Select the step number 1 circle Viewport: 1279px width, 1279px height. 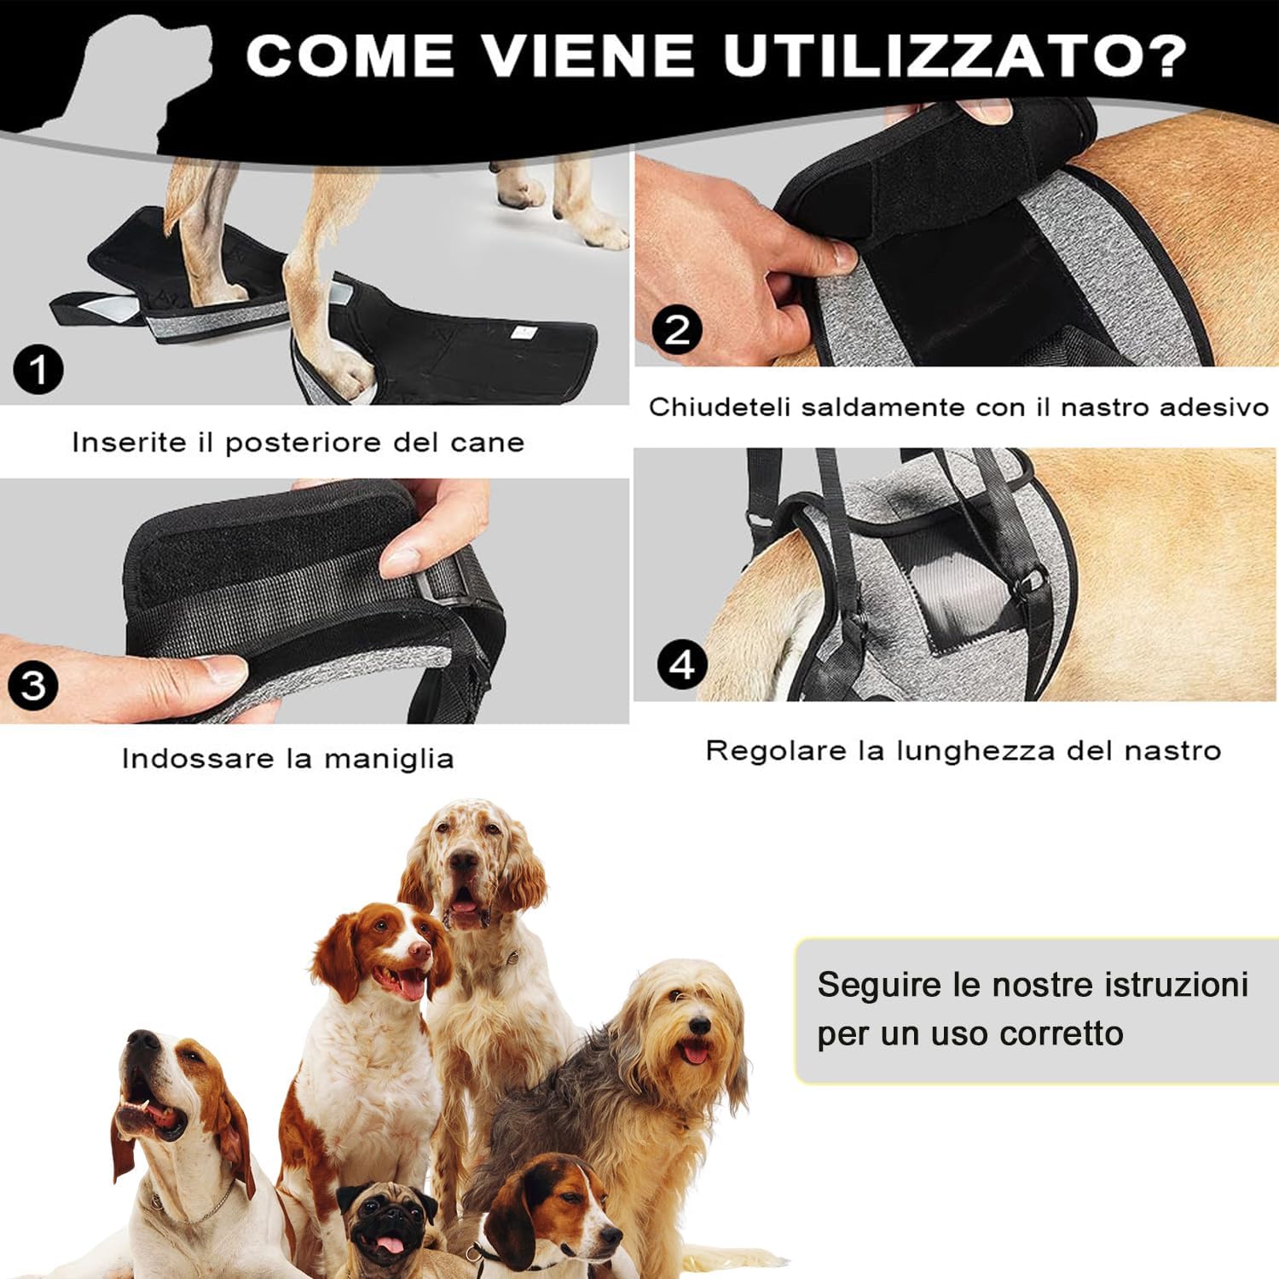[x=38, y=370]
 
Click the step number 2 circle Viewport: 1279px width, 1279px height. [x=677, y=329]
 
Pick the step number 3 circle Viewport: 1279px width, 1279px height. [x=33, y=685]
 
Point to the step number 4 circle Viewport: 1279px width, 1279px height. [x=682, y=663]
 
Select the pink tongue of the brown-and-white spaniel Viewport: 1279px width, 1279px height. [x=412, y=987]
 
